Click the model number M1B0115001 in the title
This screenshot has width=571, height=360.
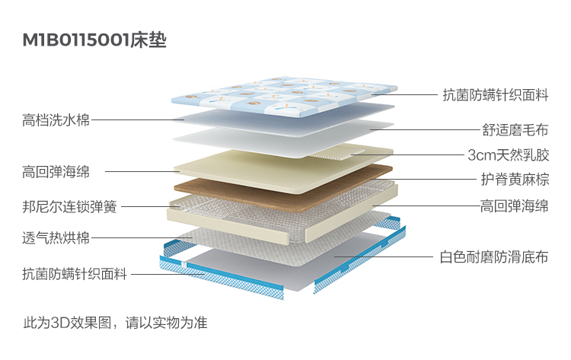[x=76, y=40]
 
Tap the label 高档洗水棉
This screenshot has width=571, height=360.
[x=56, y=120]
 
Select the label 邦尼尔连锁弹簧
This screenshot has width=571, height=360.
[x=69, y=207]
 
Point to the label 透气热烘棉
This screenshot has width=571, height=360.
[x=56, y=238]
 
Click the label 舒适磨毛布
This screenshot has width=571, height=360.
[x=515, y=130]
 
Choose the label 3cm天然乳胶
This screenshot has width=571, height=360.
[x=509, y=155]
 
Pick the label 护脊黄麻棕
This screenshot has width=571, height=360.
[x=515, y=180]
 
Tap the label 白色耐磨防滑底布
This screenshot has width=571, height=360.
[x=494, y=257]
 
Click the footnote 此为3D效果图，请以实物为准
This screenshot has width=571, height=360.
[x=115, y=323]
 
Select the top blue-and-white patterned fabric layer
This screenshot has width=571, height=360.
[x=284, y=97]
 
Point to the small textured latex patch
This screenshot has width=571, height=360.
[x=337, y=155]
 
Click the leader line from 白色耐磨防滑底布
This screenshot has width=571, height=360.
[x=384, y=256]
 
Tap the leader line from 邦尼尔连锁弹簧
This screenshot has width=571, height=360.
[x=152, y=207]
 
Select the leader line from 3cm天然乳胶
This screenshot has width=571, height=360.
[x=408, y=155]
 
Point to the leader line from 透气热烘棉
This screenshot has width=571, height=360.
[x=142, y=238]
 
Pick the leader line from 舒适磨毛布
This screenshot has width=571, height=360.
[x=426, y=129]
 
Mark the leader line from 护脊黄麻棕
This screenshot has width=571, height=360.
[x=424, y=179]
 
